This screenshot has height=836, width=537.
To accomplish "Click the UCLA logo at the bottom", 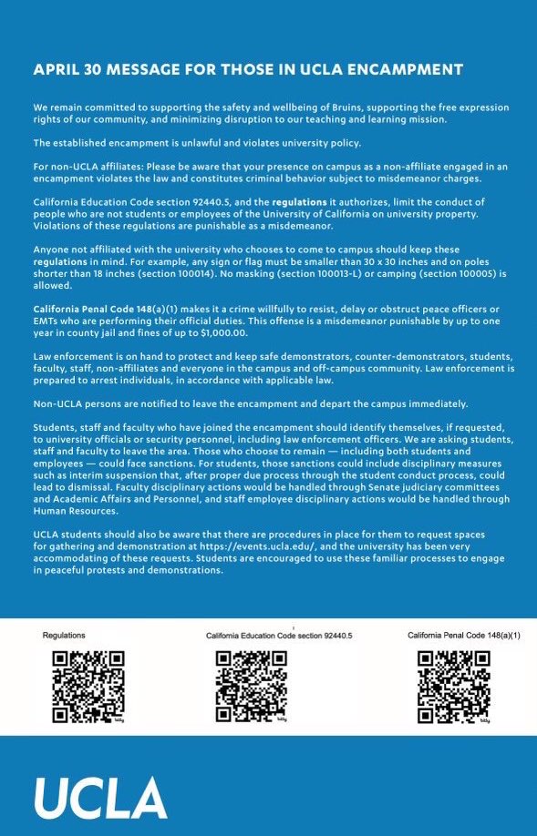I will click(x=100, y=799).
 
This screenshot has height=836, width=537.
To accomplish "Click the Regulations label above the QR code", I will click(x=64, y=634).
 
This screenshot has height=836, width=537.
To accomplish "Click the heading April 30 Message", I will click(x=247, y=70).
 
